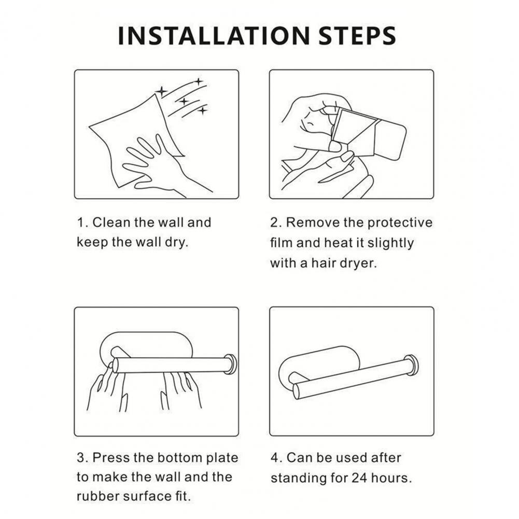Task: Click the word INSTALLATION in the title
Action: coord(214,36)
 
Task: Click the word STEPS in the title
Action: coord(357,36)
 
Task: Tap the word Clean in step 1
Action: coord(111,222)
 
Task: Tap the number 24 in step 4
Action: coord(359,478)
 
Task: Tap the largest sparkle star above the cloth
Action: coord(162,91)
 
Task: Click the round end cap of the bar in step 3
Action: coord(230,364)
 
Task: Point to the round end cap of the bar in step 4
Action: coord(411,365)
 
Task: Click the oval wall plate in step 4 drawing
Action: coord(318,362)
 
